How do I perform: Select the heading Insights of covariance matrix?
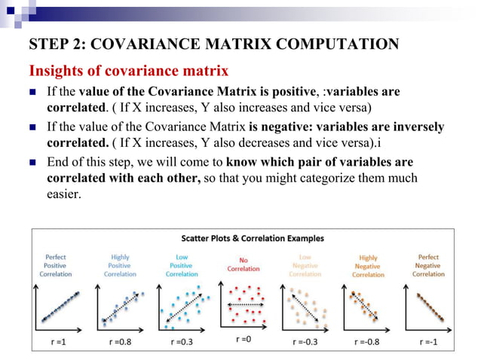click(129, 72)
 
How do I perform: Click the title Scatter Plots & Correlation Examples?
click(243, 239)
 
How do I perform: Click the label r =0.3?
click(182, 340)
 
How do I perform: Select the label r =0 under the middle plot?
click(242, 339)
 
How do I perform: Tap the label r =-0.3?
click(305, 340)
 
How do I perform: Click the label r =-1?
click(427, 340)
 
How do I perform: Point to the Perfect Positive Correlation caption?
click(56, 265)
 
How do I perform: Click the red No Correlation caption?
click(243, 264)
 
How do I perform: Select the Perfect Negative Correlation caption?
click(428, 265)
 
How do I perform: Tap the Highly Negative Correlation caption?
click(367, 267)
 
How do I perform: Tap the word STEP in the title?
click(47, 44)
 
